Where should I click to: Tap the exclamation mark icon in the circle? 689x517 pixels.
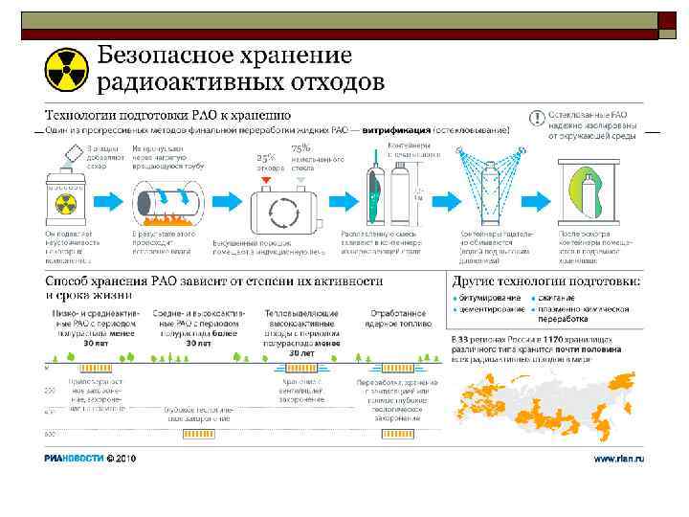538,118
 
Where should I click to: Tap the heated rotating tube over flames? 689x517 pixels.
172,202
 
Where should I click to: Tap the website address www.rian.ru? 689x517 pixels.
618,458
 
